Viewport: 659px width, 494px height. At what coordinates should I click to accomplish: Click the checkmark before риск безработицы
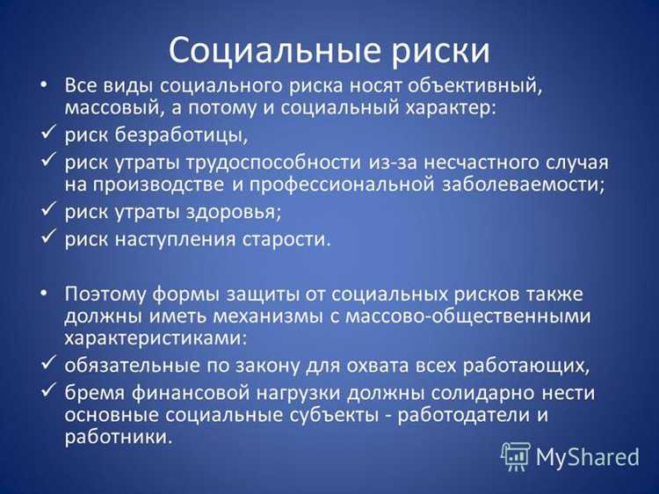coord(47,135)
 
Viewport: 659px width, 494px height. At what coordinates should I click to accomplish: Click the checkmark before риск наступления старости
coord(47,240)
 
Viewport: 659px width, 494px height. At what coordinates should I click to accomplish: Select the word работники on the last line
coord(117,437)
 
